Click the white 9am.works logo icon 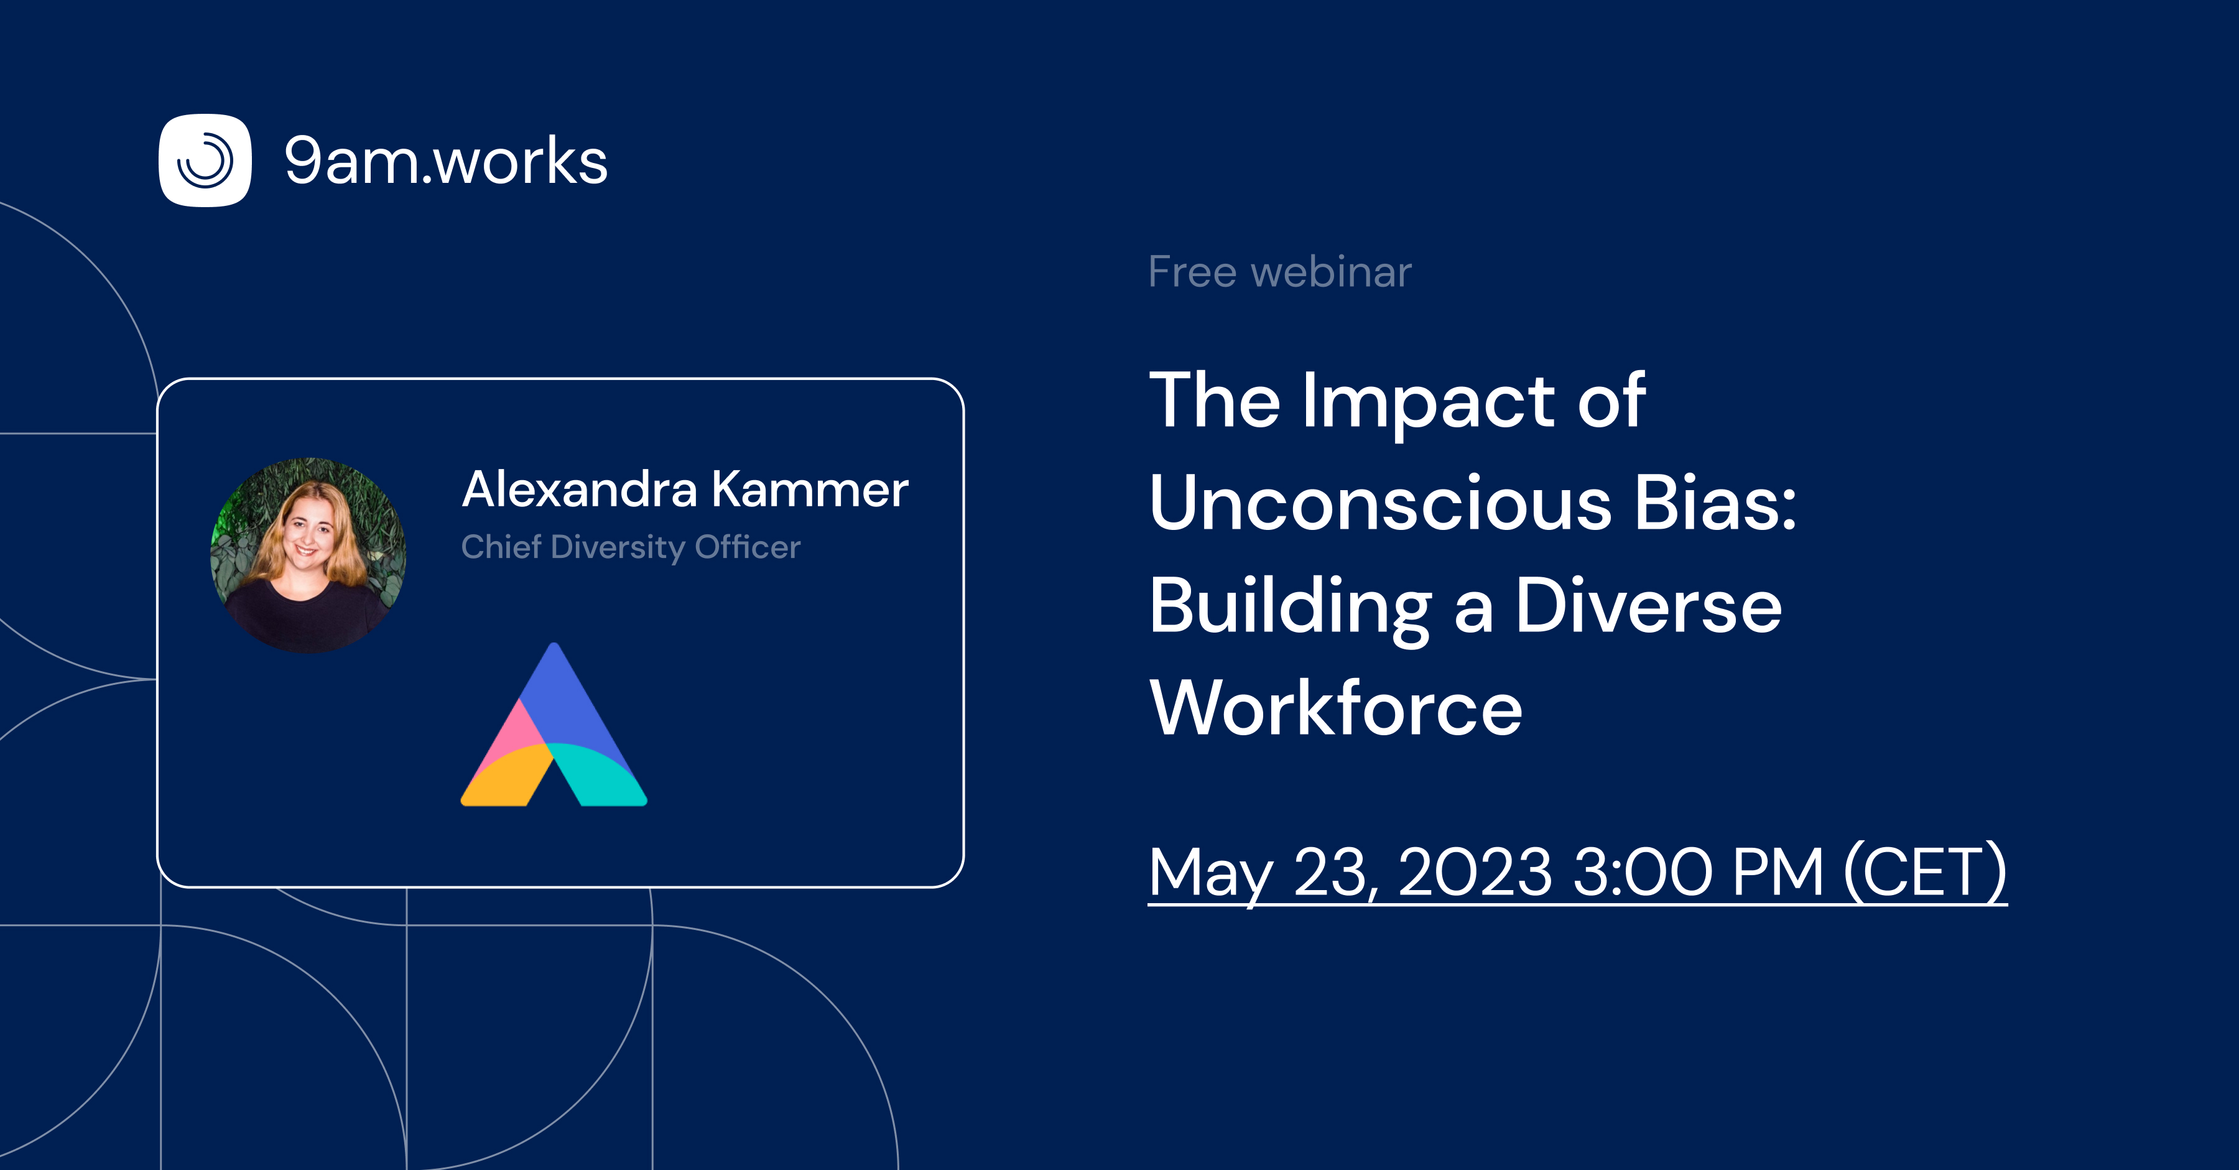(205, 161)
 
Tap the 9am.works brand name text (446, 162)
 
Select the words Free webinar (1279, 272)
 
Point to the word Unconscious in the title (1380, 504)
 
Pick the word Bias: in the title (1715, 504)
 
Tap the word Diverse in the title (1649, 606)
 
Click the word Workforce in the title (1336, 708)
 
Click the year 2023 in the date (1475, 872)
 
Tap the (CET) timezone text (1925, 873)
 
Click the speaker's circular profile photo (308, 555)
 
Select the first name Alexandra (580, 490)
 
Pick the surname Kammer (810, 490)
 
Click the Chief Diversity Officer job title (630, 547)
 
